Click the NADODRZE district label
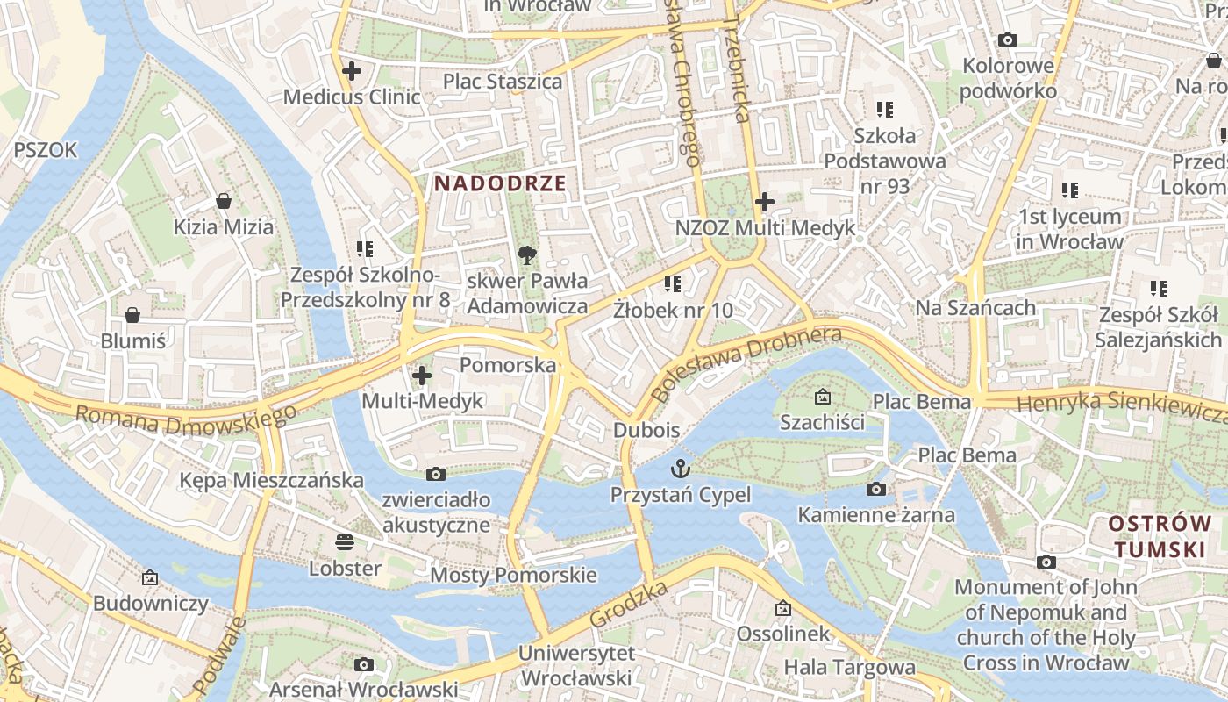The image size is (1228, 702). click(x=500, y=183)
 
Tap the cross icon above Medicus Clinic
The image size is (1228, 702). click(x=352, y=71)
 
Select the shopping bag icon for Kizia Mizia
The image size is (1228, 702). click(x=224, y=201)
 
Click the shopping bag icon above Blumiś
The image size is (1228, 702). click(x=132, y=314)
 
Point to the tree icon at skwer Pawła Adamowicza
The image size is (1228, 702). click(x=526, y=255)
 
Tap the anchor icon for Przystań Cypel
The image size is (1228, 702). click(x=680, y=468)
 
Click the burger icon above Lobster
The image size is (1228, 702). click(x=345, y=541)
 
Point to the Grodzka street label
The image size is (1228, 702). click(x=629, y=603)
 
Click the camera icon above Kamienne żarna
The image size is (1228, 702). click(x=875, y=489)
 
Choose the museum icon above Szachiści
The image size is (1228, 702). click(x=822, y=397)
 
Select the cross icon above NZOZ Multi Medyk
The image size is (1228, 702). click(x=765, y=202)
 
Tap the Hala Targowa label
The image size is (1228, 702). click(x=849, y=667)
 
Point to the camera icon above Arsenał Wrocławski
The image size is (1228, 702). click(x=363, y=664)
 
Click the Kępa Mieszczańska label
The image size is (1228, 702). click(x=271, y=480)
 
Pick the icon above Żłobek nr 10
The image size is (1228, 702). click(x=673, y=283)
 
